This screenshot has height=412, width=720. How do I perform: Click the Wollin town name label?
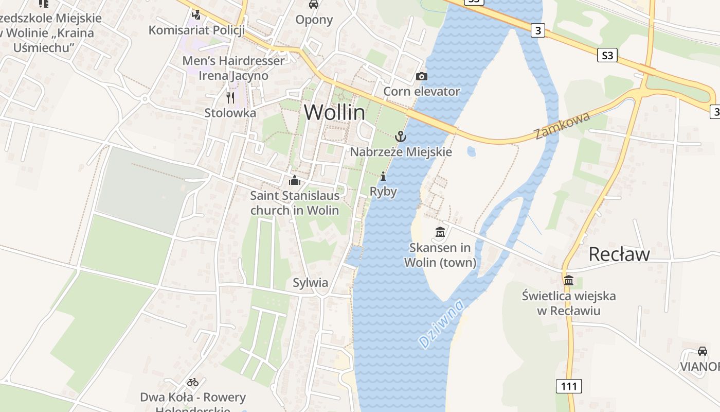pyautogui.click(x=334, y=112)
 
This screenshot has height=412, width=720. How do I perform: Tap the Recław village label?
pyautogui.click(x=619, y=254)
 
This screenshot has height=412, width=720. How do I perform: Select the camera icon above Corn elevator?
pyautogui.click(x=421, y=77)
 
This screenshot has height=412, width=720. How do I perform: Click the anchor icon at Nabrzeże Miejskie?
pyautogui.click(x=400, y=136)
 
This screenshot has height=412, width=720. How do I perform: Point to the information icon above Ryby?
pyautogui.click(x=383, y=177)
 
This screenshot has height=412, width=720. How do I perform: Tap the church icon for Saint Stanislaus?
pyautogui.click(x=294, y=180)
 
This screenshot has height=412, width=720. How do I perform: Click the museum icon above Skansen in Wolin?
pyautogui.click(x=440, y=233)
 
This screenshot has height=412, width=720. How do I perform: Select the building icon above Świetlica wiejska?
pyautogui.click(x=568, y=281)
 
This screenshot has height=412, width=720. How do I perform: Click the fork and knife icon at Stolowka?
pyautogui.click(x=230, y=97)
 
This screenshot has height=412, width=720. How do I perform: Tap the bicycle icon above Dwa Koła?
pyautogui.click(x=193, y=382)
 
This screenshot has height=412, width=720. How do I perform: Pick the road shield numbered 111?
pyautogui.click(x=568, y=386)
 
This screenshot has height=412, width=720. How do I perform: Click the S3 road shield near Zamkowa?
pyautogui.click(x=607, y=55)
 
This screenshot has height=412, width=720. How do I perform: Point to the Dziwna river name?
pyautogui.click(x=441, y=324)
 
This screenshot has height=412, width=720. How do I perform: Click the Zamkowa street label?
pyautogui.click(x=562, y=125)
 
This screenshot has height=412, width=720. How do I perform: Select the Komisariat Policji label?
pyautogui.click(x=196, y=30)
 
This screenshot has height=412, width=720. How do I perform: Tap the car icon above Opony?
pyautogui.click(x=313, y=5)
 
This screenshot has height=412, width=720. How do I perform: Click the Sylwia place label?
pyautogui.click(x=310, y=282)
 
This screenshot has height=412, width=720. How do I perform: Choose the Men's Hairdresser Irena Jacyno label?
pyautogui.click(x=233, y=68)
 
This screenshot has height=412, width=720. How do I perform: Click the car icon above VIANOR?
pyautogui.click(x=702, y=351)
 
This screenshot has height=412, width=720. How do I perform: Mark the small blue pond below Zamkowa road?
pyautogui.click(x=471, y=151)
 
